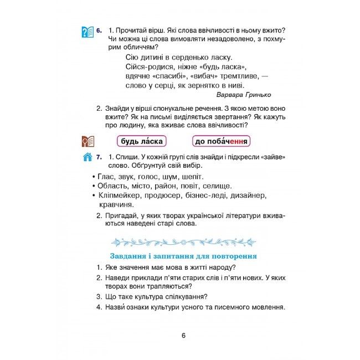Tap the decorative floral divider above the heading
[x=181, y=241]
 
